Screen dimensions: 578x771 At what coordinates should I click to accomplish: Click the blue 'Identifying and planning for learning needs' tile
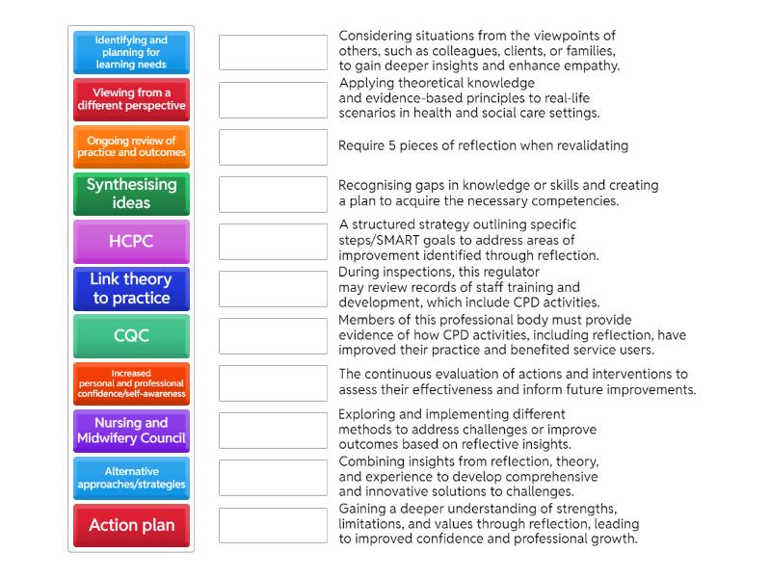pyautogui.click(x=131, y=53)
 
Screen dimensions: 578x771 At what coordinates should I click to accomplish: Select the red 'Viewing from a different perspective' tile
pyautogui.click(x=131, y=100)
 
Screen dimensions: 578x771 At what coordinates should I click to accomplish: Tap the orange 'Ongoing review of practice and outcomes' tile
pyautogui.click(x=131, y=147)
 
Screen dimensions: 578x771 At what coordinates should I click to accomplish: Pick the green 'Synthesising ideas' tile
pyautogui.click(x=131, y=195)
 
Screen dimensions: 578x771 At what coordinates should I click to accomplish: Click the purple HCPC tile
pyautogui.click(x=131, y=242)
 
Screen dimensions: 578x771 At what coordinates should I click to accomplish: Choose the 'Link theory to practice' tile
pyautogui.click(x=131, y=289)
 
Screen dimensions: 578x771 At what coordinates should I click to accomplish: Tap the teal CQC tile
pyautogui.click(x=131, y=336)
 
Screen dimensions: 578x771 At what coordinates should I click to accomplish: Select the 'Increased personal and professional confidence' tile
pyautogui.click(x=131, y=383)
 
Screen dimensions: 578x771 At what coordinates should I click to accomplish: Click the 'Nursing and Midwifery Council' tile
pyautogui.click(x=131, y=431)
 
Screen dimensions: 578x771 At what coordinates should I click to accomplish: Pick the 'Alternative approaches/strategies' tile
pyautogui.click(x=131, y=478)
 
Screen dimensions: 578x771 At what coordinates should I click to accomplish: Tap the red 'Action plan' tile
pyautogui.click(x=131, y=525)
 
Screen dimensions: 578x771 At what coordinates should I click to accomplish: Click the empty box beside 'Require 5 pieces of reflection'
pyautogui.click(x=273, y=147)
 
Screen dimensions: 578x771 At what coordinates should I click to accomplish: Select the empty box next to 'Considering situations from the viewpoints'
pyautogui.click(x=273, y=53)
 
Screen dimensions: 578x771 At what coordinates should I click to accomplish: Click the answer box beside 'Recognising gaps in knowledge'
pyautogui.click(x=273, y=195)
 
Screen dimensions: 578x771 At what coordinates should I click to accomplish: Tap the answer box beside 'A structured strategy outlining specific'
pyautogui.click(x=273, y=242)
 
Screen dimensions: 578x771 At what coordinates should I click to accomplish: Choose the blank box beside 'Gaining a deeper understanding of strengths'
pyautogui.click(x=273, y=525)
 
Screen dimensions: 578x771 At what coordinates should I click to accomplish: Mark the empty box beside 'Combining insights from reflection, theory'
pyautogui.click(x=273, y=478)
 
